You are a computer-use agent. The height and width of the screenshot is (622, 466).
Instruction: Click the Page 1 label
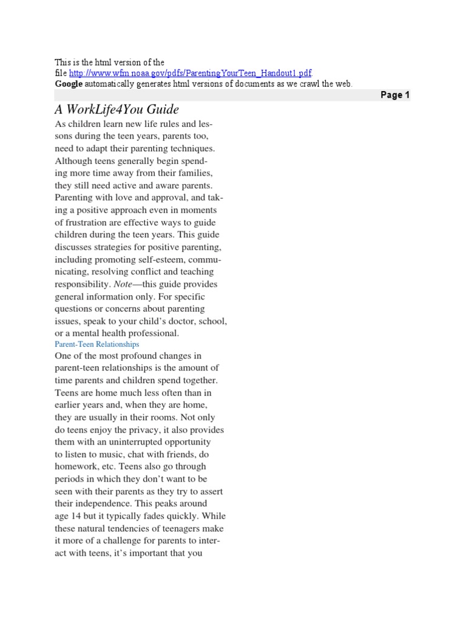click(x=395, y=95)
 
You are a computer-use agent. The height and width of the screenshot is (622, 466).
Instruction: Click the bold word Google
click(x=69, y=84)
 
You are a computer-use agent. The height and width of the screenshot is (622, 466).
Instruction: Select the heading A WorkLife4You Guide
click(x=116, y=109)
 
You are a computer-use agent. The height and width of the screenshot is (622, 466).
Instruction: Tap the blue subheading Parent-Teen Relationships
click(x=97, y=344)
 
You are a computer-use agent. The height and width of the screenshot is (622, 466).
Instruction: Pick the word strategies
click(x=116, y=247)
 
